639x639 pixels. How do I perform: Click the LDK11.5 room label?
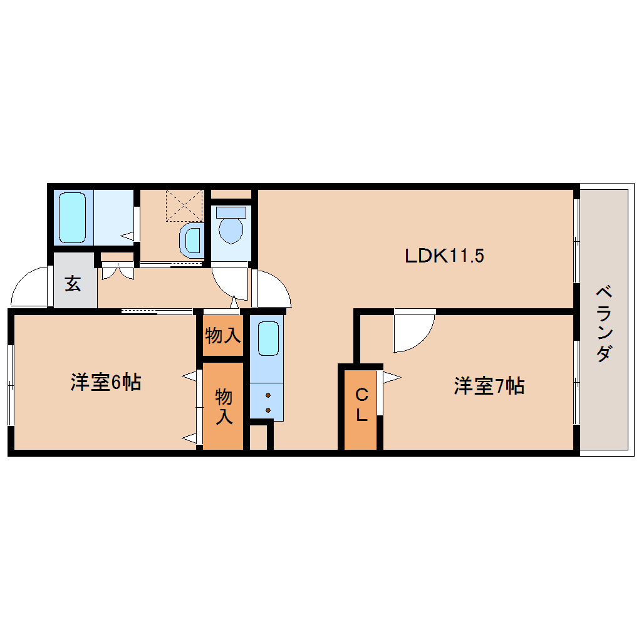(444, 256)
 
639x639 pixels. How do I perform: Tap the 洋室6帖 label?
(106, 382)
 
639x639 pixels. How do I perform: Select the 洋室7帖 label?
(489, 385)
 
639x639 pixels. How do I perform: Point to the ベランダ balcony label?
(604, 325)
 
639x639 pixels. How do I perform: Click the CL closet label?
(361, 405)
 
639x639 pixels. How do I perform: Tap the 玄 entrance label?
(73, 284)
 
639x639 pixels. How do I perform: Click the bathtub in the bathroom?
(73, 217)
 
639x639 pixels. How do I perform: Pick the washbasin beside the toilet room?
(192, 241)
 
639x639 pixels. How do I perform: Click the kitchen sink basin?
(268, 339)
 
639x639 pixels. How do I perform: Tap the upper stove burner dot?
(268, 395)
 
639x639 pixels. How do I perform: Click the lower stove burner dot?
(268, 410)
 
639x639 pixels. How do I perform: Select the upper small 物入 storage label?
(222, 336)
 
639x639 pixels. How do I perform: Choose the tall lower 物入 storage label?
(224, 407)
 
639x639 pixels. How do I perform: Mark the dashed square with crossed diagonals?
(184, 205)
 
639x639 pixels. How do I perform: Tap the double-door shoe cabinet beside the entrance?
(118, 271)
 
